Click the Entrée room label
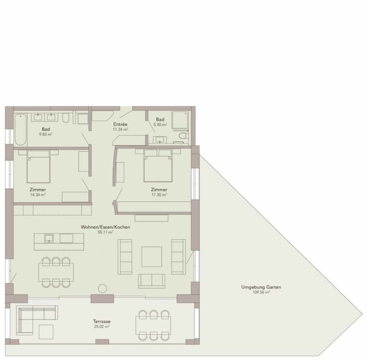coord(120,124)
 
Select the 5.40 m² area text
coord(160,125)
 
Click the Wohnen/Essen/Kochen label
coord(105,227)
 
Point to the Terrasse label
coord(102,322)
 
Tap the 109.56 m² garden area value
coord(261,292)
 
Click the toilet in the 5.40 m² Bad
coord(183,135)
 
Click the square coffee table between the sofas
coord(152,256)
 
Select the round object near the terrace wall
coord(103,288)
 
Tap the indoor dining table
coord(56,272)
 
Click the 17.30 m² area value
coord(159,195)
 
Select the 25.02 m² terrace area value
coord(102,327)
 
